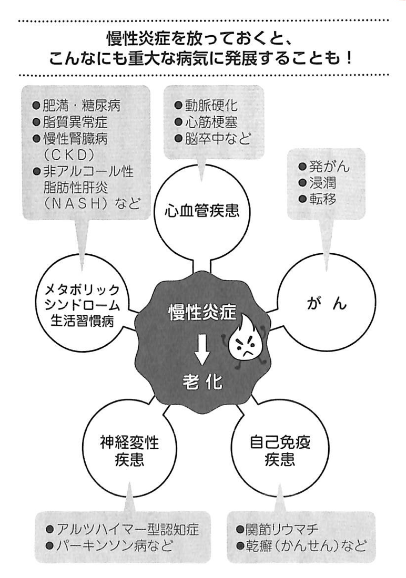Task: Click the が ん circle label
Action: [x=326, y=304]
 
